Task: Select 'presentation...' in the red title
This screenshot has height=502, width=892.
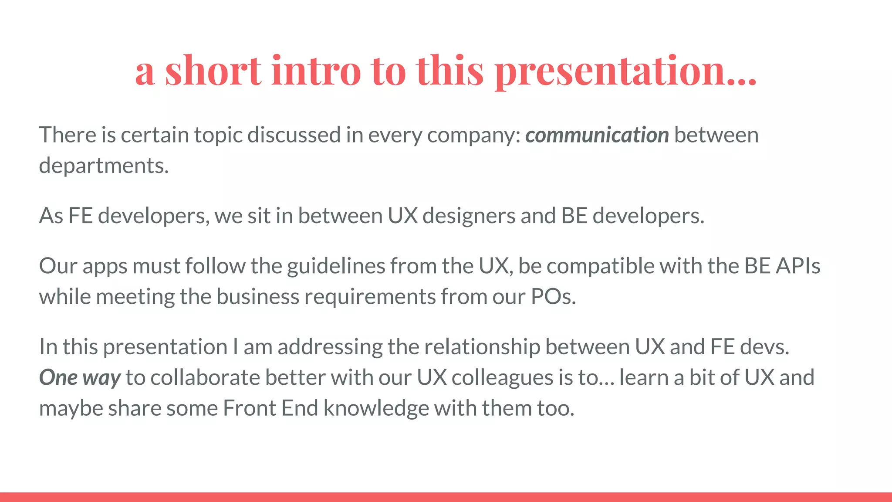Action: pyautogui.click(x=626, y=71)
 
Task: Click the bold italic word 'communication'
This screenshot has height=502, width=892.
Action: pyautogui.click(x=597, y=135)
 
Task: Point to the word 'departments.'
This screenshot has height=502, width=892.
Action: pyautogui.click(x=104, y=166)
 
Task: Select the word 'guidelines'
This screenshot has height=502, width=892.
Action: pyautogui.click(x=336, y=266)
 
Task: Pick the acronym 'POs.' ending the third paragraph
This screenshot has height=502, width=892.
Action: pyautogui.click(x=553, y=297)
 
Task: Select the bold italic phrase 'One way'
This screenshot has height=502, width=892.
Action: pyautogui.click(x=80, y=378)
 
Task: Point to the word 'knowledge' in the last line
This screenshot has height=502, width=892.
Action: pyautogui.click(x=376, y=409)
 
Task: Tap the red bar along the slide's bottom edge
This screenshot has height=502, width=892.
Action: pyautogui.click(x=446, y=497)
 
